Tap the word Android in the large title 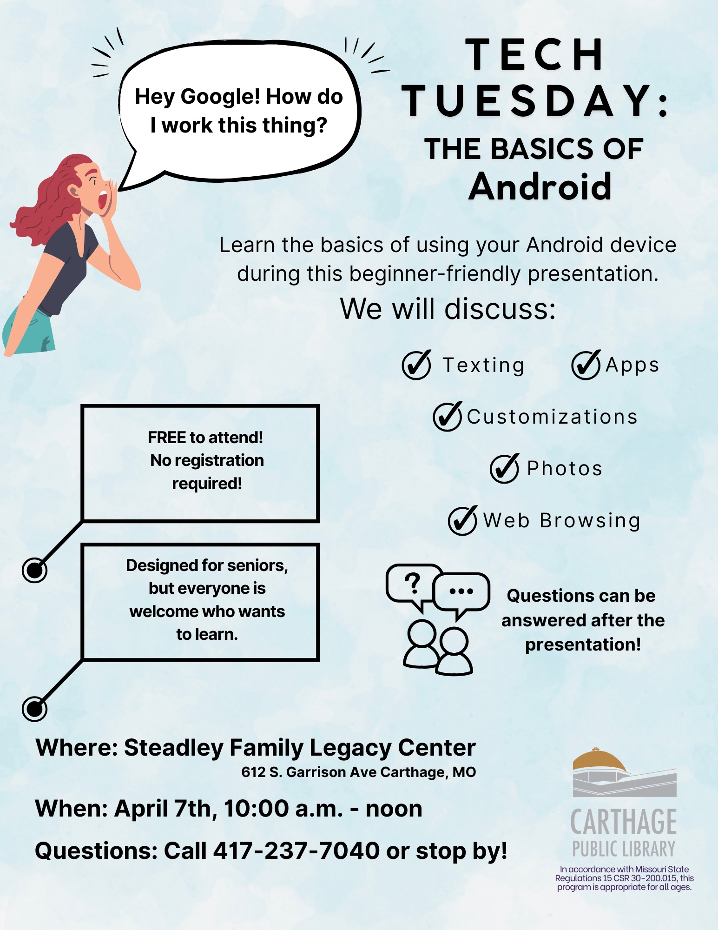point(540,186)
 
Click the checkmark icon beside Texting point(417,365)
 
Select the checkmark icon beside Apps point(586,365)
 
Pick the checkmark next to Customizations point(448,416)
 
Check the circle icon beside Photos point(505,468)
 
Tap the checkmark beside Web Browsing point(463,520)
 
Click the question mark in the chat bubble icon point(413,583)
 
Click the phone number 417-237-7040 point(297,851)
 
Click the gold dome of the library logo point(599,761)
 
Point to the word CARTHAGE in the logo point(624,822)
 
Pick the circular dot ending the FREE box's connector point(35,570)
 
